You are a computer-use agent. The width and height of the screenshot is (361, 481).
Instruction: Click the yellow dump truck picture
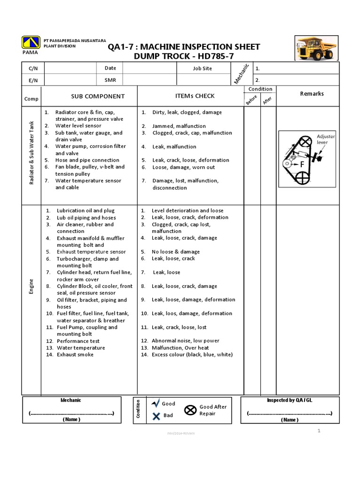[316, 47]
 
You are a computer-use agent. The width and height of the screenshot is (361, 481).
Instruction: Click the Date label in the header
[110, 68]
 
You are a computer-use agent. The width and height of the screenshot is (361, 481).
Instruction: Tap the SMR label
[110, 80]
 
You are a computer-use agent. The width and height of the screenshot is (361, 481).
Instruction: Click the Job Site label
[202, 69]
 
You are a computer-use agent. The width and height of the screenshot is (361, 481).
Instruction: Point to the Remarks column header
[312, 93]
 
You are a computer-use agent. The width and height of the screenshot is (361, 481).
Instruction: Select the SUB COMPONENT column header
[98, 96]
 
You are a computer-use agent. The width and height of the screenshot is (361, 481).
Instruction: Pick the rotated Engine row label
[31, 286]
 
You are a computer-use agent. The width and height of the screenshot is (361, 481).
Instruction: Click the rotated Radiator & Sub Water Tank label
[31, 153]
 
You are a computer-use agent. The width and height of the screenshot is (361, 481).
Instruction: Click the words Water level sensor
[78, 126]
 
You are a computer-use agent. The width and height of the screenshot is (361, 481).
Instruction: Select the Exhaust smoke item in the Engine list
[75, 355]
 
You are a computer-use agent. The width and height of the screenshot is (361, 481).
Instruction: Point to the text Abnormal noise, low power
[185, 341]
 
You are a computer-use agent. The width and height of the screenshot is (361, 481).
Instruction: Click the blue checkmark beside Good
[156, 403]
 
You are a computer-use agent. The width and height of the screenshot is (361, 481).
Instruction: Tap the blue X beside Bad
[156, 415]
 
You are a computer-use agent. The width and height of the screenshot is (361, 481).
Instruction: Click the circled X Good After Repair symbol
[190, 410]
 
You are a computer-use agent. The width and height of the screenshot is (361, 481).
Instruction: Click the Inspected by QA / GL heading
[290, 400]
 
